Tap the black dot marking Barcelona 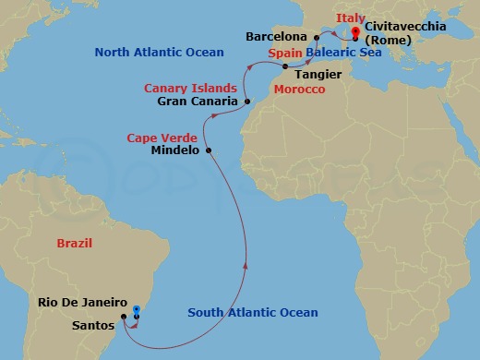pyautogui.click(x=317, y=37)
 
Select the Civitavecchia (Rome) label pyautogui.click(x=404, y=33)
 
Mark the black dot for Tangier pyautogui.click(x=284, y=67)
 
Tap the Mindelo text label pyautogui.click(x=174, y=150)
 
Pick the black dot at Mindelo pyautogui.click(x=210, y=150)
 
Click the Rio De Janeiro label pyautogui.click(x=82, y=303)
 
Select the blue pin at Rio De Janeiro pyautogui.click(x=136, y=310)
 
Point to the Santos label pyautogui.click(x=95, y=325)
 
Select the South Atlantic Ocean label pyautogui.click(x=253, y=313)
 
